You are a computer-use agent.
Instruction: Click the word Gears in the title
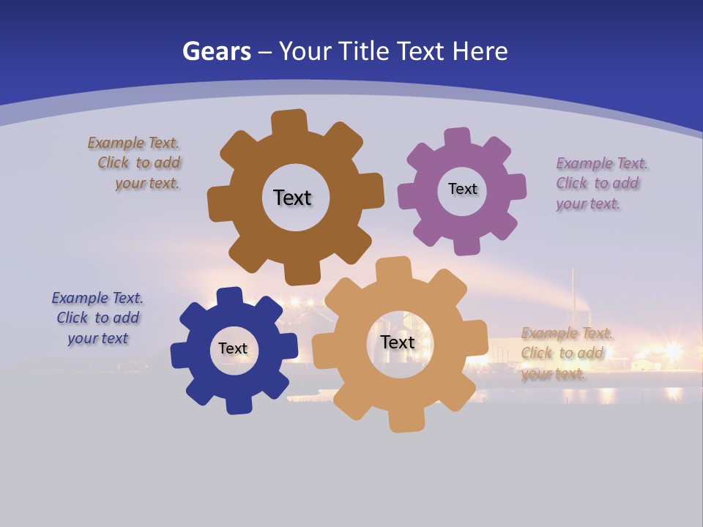(x=216, y=51)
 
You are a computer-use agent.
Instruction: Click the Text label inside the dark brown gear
(x=292, y=198)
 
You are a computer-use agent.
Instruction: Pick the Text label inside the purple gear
(x=462, y=189)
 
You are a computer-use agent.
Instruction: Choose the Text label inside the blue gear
(x=233, y=349)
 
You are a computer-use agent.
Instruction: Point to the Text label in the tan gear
(x=398, y=343)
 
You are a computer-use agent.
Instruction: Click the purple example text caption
(x=598, y=184)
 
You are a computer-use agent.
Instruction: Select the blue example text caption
(x=98, y=318)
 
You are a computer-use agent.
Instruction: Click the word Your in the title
(x=304, y=51)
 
